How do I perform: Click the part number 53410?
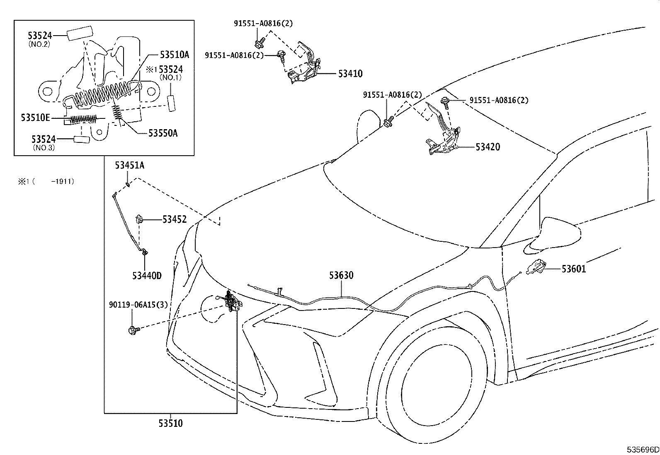coord(350,74)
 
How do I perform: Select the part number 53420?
coord(488,147)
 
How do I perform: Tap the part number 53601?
coord(574,269)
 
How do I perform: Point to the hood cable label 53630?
coord(341,275)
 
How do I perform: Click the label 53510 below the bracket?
coord(170,423)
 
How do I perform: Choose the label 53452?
coord(174,219)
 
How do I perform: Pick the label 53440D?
coord(147,275)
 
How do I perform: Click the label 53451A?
coord(130,166)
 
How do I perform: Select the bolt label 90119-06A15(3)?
coord(138,305)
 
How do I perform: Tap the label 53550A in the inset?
coord(163,133)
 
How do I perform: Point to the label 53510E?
coord(36,118)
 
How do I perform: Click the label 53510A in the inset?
coord(174,54)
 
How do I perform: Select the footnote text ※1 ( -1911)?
coord(46,181)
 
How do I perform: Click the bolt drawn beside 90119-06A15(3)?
coord(133,330)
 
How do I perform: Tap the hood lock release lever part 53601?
coord(536,267)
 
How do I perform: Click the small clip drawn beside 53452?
coord(140,219)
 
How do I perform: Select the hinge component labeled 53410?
coord(306,66)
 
